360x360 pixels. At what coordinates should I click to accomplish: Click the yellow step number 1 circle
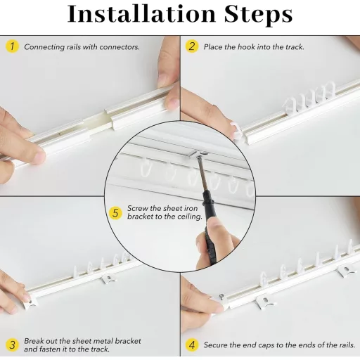[12, 46]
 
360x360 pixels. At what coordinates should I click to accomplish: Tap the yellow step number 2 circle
[192, 46]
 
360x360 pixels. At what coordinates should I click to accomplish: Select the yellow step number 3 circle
[12, 345]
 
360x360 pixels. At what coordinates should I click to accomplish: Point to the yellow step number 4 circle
[192, 345]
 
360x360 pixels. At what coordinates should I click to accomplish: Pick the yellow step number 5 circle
[115, 213]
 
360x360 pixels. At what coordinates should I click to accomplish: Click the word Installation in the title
[141, 14]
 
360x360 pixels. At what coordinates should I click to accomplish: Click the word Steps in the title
[258, 15]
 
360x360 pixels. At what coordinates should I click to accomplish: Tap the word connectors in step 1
[120, 47]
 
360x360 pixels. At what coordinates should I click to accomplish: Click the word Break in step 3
[34, 341]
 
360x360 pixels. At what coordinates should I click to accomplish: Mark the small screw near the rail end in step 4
[221, 297]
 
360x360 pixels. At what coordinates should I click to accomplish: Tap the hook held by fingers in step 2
[237, 131]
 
